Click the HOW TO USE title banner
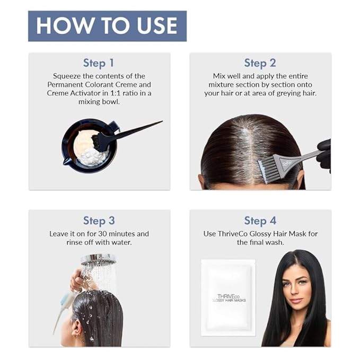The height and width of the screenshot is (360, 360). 107,26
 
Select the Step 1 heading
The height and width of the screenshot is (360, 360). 99,63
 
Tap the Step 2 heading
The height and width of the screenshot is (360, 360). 260,63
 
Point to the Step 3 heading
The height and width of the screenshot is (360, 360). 99,221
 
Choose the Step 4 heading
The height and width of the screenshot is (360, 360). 260,221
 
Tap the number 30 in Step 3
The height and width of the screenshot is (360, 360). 102,234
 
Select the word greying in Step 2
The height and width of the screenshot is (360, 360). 288,93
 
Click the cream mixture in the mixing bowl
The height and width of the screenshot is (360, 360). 89,148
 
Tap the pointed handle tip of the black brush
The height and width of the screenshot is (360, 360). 162,121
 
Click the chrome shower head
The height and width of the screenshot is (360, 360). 99,260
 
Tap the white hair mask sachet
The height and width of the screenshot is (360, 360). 228,297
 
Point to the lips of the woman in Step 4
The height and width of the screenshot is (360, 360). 296,300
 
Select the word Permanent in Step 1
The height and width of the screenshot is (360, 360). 65,85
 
